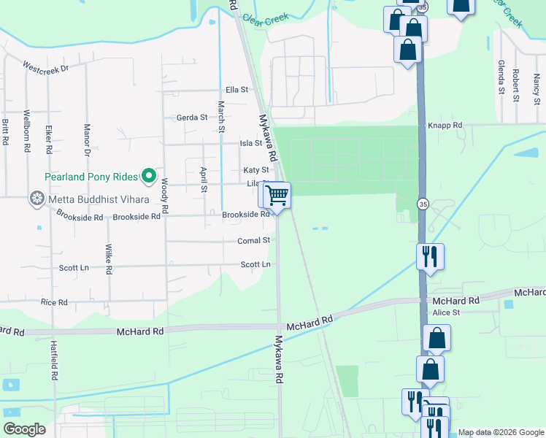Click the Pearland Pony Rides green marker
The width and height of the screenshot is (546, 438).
pos(149,175)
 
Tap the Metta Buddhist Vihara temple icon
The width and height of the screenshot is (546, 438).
pos(36,199)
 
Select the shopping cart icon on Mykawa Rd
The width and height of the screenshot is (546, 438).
pos(277,195)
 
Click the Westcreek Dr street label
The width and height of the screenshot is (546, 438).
pos(45,68)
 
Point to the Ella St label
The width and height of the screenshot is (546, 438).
pos(237,90)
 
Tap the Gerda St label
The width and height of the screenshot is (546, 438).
pos(192,117)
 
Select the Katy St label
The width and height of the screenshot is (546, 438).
pos(250,170)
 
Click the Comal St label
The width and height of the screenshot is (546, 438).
pos(253,240)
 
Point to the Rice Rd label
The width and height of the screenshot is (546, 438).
pos(54,302)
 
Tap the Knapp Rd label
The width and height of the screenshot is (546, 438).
pos(445,126)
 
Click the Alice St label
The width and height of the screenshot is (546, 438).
pos(446,312)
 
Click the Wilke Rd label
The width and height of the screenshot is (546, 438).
pos(108,258)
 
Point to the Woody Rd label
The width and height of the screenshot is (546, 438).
pos(166,196)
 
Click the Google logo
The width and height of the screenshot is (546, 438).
pos(25,429)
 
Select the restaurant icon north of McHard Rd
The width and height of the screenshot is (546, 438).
pos(429,257)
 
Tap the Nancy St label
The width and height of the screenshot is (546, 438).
pos(536,85)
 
